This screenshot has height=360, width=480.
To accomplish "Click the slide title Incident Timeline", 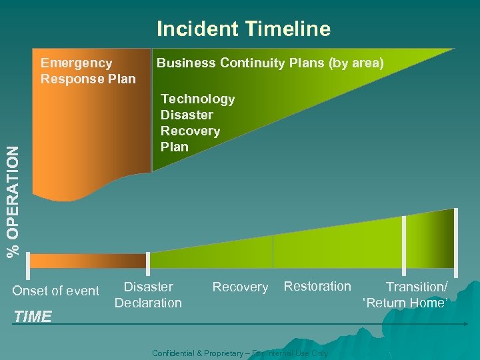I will [x=243, y=29].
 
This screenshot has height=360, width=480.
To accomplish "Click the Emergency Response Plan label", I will [x=88, y=71].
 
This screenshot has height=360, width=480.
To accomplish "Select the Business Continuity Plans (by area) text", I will [x=270, y=63].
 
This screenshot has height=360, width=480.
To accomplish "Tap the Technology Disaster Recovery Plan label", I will [x=197, y=123].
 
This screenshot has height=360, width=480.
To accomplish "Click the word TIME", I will [x=33, y=317].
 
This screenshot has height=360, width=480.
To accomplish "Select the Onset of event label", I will [x=56, y=291].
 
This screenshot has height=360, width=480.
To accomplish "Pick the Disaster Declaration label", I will [x=148, y=295].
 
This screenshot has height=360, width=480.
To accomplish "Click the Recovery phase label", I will [x=240, y=287].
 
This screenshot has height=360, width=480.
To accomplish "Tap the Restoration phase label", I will [x=317, y=287].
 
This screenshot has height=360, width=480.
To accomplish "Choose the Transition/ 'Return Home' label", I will [x=406, y=295].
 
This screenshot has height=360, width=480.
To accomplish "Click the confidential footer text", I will [x=240, y=353].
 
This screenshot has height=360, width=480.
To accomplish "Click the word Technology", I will [x=198, y=99].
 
